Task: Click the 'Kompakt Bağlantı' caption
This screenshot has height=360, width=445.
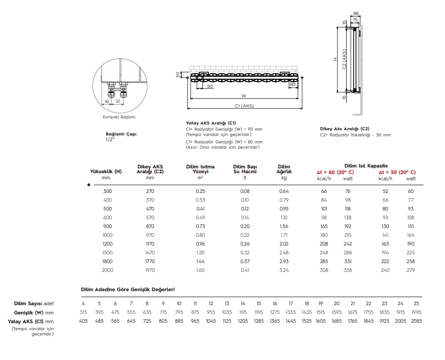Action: pyautogui.click(x=119, y=117)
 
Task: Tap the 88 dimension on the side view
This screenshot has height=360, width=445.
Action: pyautogui.click(x=355, y=14)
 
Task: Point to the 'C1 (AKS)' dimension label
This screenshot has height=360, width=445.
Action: pyautogui.click(x=244, y=106)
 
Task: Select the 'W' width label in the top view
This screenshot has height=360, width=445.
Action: pyautogui.click(x=244, y=96)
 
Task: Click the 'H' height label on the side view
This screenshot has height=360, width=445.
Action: pyautogui.click(x=335, y=59)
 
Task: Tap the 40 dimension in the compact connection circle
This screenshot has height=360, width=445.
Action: pyautogui.click(x=107, y=101)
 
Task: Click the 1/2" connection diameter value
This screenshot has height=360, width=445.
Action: pyautogui.click(x=110, y=139)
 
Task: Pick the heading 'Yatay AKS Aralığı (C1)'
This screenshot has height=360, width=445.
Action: pyautogui.click(x=212, y=123)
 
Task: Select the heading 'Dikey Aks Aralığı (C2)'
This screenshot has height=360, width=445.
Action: pyautogui.click(x=345, y=129)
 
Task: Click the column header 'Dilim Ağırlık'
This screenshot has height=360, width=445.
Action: pyautogui.click(x=284, y=169)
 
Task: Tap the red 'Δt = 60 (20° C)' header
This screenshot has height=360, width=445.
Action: pyautogui.click(x=335, y=172)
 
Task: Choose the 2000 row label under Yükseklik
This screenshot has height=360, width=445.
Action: pyautogui.click(x=108, y=270)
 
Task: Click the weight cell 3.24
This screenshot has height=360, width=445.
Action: pyautogui.click(x=284, y=270)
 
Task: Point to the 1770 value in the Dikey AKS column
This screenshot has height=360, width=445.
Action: pyautogui.click(x=150, y=261)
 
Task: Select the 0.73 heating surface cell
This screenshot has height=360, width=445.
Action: pyautogui.click(x=200, y=226)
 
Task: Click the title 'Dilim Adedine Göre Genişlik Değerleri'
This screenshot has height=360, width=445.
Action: pyautogui.click(x=128, y=290)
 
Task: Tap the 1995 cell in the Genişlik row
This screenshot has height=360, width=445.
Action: pyautogui.click(x=416, y=312)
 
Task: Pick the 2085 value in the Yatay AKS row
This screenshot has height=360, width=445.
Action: pyautogui.click(x=416, y=321)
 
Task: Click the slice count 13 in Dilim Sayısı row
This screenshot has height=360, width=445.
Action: pyautogui.click(x=227, y=303)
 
